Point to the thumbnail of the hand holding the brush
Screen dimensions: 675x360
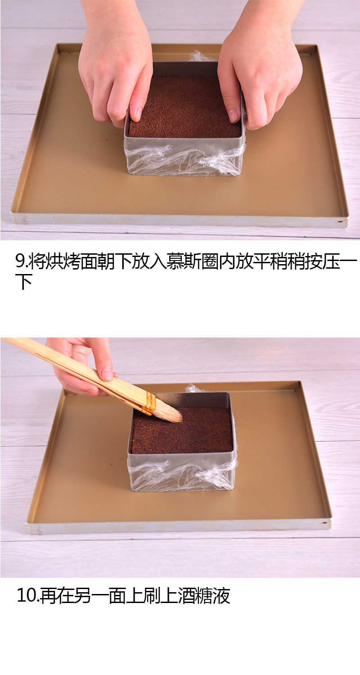[x=107, y=373]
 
